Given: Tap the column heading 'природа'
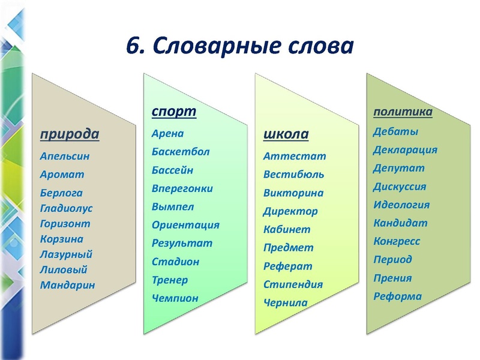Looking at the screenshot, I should (69, 133).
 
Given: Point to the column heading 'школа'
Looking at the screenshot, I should (286, 133).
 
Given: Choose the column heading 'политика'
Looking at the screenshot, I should (403, 112).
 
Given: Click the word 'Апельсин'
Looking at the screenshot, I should (65, 156).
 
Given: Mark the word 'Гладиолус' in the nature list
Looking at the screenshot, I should (66, 208).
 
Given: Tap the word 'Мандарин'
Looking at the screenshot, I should (67, 285).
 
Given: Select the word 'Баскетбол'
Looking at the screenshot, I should (181, 152).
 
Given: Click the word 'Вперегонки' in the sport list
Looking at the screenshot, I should (182, 188).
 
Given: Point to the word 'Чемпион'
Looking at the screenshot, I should (175, 298).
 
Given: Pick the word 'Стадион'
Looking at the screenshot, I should (175, 262).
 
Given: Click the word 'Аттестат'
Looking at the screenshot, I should (295, 156).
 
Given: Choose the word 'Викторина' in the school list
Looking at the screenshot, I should (293, 193).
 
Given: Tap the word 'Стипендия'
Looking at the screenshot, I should (293, 284).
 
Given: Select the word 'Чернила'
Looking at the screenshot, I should (285, 303).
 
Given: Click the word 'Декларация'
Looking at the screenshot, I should (405, 150).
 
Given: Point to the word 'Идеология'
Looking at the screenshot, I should (401, 205).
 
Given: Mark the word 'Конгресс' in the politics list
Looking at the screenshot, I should (397, 241).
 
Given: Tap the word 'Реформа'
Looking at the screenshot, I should (397, 296).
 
